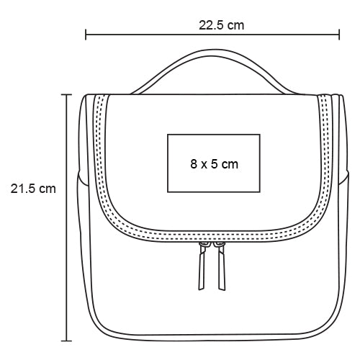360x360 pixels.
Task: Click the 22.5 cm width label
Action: click(x=221, y=25)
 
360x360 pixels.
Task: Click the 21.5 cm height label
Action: click(x=33, y=189)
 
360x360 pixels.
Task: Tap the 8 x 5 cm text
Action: click(x=214, y=164)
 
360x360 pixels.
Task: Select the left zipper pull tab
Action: click(x=202, y=266)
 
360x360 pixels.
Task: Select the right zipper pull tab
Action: click(x=221, y=266)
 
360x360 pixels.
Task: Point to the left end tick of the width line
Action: click(x=86, y=35)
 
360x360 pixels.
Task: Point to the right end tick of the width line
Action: click(x=339, y=35)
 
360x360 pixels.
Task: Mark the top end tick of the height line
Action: click(x=66, y=95)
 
